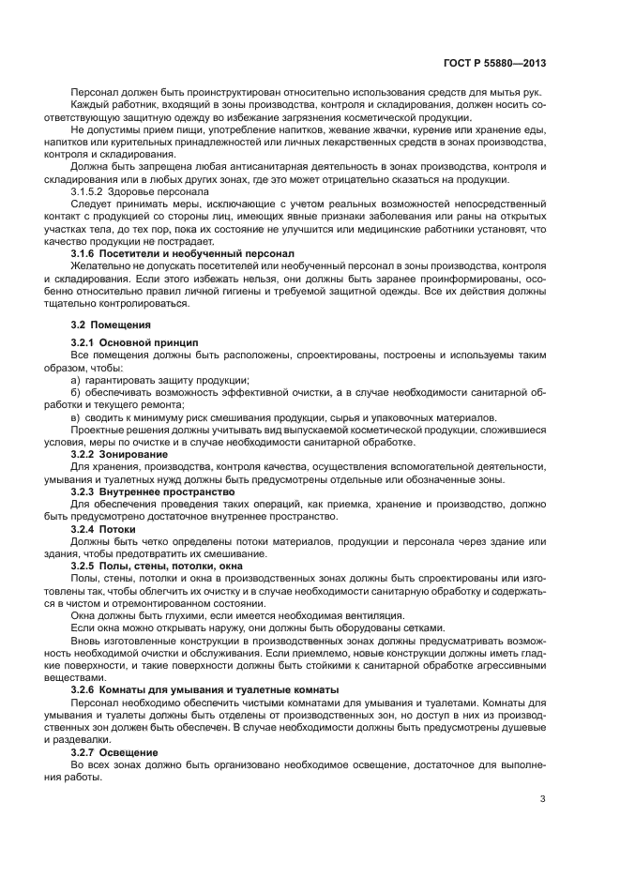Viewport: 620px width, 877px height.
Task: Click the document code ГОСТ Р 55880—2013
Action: (x=497, y=65)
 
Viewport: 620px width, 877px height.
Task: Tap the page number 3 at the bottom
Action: (x=544, y=799)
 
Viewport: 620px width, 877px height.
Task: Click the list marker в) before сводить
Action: (x=76, y=416)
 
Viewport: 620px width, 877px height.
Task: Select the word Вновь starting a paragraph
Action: (x=87, y=639)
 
